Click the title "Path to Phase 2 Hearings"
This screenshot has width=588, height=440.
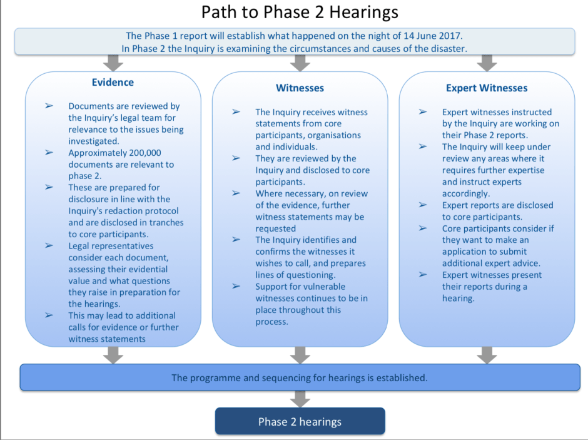tap(300, 12)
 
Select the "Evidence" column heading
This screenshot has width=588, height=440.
tap(113, 82)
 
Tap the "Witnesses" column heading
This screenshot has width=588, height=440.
tap(300, 88)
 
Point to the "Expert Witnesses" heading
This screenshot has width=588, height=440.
tap(487, 88)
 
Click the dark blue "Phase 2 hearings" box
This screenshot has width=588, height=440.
tap(300, 421)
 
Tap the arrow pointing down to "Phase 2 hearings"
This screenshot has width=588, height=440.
tap(300, 399)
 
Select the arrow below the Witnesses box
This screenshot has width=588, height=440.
tap(300, 355)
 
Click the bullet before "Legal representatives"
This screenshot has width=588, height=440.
tap(49, 246)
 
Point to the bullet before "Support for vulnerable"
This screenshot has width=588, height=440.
tap(236, 286)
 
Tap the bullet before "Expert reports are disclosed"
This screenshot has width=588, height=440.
tap(423, 205)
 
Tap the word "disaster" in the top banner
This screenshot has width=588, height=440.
tap(448, 48)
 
